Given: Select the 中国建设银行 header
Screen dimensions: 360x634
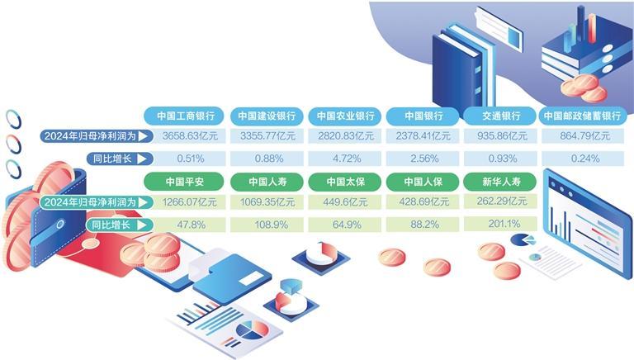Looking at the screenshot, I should [x=265, y=116].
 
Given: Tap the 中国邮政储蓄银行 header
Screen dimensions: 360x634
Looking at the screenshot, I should [x=581, y=116].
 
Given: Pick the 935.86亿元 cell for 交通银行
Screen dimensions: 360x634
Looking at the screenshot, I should [x=501, y=136].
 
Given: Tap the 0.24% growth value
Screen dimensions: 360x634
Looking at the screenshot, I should [x=581, y=159].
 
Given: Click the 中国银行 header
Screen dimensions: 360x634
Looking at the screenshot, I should [x=423, y=116].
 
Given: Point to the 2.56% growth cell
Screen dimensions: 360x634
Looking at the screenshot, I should [x=423, y=159].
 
